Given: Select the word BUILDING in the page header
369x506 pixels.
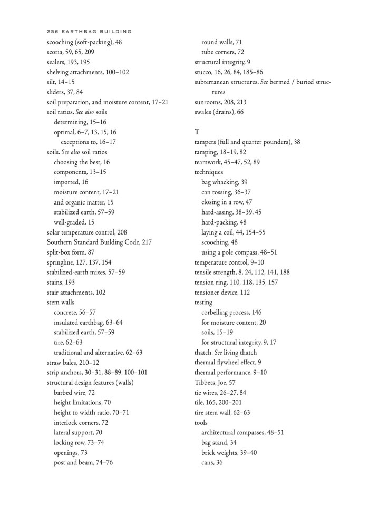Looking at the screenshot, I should click(115, 32).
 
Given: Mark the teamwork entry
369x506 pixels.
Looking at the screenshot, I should click(227, 162).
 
